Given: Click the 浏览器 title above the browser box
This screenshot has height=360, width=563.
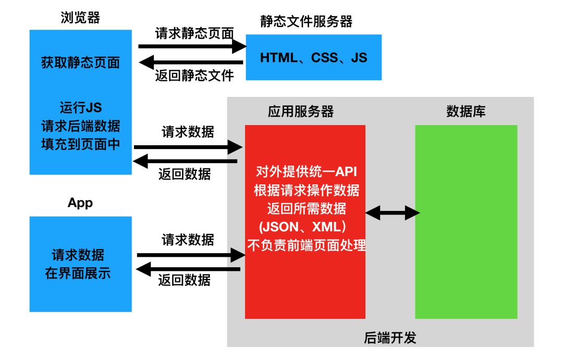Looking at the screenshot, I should point(80,18).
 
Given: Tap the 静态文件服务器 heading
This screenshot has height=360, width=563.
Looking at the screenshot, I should point(307,21).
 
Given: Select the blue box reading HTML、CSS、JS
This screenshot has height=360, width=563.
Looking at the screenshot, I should point(313,57).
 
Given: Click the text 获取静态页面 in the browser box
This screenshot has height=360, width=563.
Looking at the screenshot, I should point(80,63).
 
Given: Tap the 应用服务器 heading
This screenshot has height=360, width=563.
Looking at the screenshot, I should point(301,111).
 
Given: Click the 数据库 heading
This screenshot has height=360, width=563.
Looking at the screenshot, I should point(466,111).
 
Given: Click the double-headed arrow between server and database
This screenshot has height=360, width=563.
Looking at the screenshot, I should point(393,213).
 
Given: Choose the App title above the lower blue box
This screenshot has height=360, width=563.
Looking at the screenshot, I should point(80,203).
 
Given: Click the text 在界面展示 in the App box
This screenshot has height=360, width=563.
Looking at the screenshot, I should point(78,273).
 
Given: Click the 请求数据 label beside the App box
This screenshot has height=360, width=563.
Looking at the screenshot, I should point(188,240).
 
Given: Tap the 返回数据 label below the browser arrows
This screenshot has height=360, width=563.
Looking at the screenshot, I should point(185,174).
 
